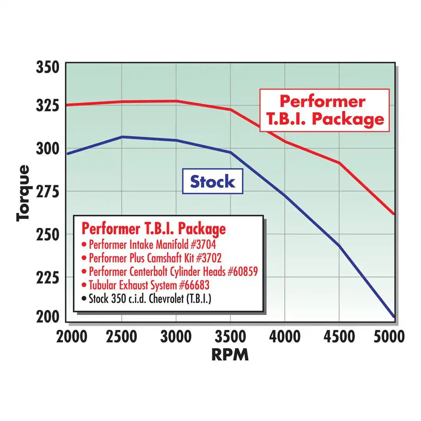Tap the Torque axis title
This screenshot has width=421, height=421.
tap(23, 193)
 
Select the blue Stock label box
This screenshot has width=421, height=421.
tap(212, 182)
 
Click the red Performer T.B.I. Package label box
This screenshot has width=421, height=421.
tap(324, 110)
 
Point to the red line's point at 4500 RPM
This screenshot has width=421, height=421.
tap(340, 163)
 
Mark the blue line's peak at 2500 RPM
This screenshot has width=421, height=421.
tap(122, 137)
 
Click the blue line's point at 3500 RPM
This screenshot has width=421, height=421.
tap(230, 152)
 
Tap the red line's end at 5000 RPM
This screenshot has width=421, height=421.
tap(394, 214)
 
